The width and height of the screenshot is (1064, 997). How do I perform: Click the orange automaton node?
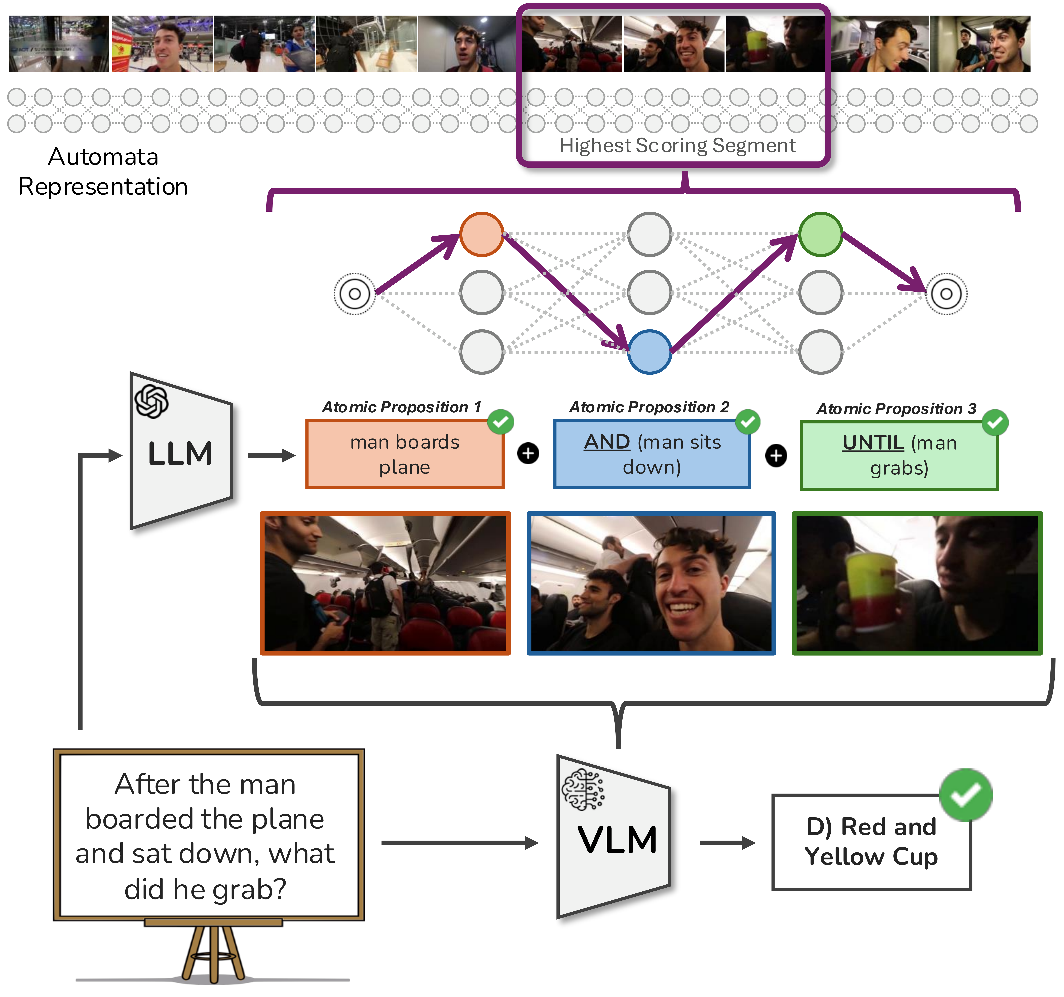click(x=481, y=234)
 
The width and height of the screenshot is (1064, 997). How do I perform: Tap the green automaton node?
click(x=820, y=234)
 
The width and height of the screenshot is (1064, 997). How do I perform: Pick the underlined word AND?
click(x=607, y=442)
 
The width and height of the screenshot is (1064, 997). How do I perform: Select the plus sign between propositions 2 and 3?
click(x=776, y=456)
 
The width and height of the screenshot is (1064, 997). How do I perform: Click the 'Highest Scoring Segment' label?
click(x=677, y=146)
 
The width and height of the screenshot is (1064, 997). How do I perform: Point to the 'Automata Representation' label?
click(x=103, y=171)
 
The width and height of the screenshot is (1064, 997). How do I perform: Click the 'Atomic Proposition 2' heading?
click(x=649, y=407)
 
